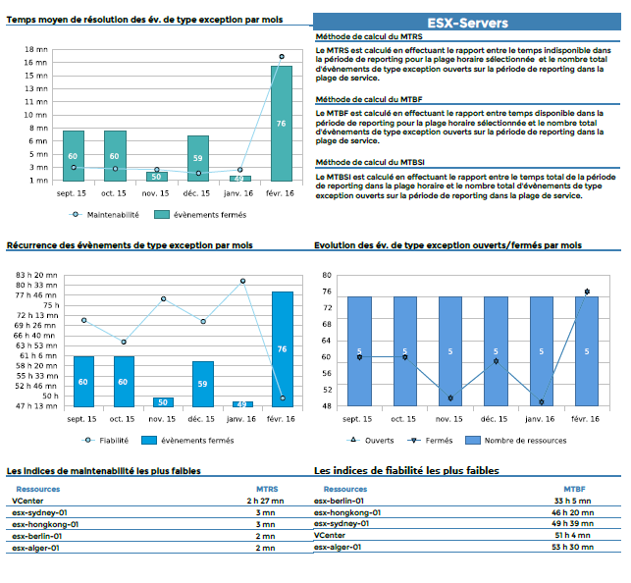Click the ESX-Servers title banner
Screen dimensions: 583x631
(x=467, y=23)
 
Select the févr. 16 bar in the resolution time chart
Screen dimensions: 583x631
(x=282, y=124)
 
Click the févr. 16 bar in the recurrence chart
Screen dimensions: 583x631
(x=282, y=348)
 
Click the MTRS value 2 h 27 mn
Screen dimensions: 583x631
(x=266, y=501)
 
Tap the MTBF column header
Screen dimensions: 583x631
(x=574, y=488)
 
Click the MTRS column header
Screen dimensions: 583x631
(x=266, y=488)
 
